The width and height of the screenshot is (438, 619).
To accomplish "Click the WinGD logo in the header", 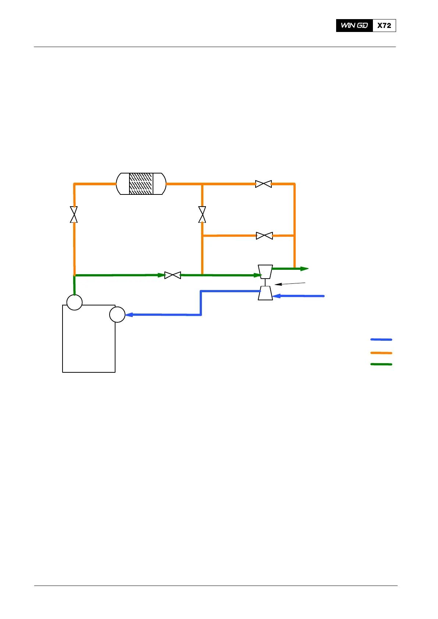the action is pyautogui.click(x=354, y=25).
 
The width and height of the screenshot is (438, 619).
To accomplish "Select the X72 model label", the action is pyautogui.click(x=384, y=25).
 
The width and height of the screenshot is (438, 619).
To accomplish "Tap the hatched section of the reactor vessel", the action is pyautogui.click(x=141, y=184).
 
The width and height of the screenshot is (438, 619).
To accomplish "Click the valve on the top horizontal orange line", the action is pyautogui.click(x=263, y=184).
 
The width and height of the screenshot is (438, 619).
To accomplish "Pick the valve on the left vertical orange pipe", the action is pyautogui.click(x=74, y=215).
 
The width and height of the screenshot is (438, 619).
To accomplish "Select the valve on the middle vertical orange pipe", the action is pyautogui.click(x=202, y=215).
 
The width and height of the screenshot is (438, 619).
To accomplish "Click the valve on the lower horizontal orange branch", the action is pyautogui.click(x=264, y=236).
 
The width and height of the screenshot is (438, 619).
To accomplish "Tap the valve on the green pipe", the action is pyautogui.click(x=172, y=275).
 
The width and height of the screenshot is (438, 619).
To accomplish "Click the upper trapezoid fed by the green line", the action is pyautogui.click(x=265, y=272).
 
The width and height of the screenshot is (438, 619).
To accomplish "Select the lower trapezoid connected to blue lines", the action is pyautogui.click(x=265, y=293).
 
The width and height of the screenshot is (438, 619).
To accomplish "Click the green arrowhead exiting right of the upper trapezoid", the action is pyautogui.click(x=305, y=269).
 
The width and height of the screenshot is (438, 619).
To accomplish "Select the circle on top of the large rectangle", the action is pyautogui.click(x=74, y=303).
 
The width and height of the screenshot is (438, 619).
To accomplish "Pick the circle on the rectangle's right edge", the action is pyautogui.click(x=117, y=315).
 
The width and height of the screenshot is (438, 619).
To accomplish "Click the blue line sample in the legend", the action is pyautogui.click(x=381, y=340).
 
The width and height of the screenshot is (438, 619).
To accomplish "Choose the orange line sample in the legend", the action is pyautogui.click(x=381, y=353).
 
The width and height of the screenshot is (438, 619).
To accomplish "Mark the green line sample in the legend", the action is pyautogui.click(x=381, y=364).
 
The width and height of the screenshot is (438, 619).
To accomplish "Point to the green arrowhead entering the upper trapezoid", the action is pyautogui.click(x=257, y=275).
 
